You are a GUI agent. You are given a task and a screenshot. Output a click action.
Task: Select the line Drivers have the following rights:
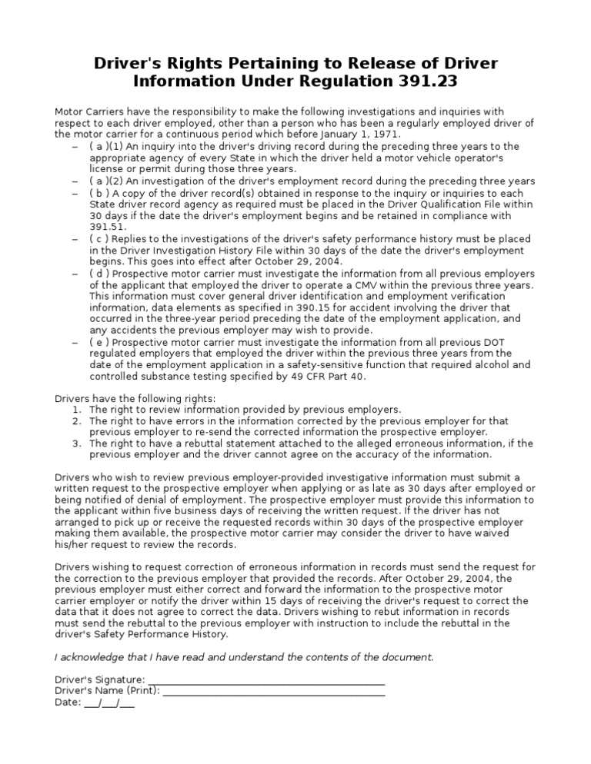(135, 398)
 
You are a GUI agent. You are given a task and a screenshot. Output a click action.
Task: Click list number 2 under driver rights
(77, 420)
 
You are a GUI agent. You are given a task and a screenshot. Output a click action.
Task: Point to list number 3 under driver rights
(77, 443)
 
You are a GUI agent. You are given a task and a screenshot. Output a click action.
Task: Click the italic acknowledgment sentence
(244, 657)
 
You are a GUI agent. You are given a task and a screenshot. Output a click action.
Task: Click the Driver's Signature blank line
(265, 680)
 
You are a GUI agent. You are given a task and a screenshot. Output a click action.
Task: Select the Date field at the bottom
(108, 703)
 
